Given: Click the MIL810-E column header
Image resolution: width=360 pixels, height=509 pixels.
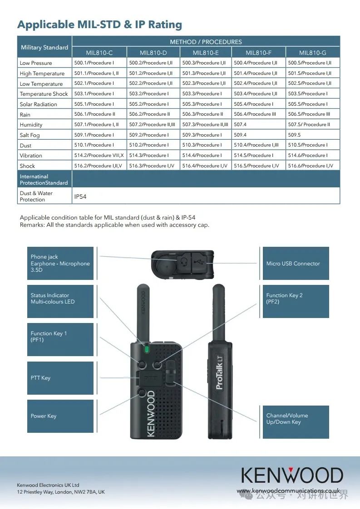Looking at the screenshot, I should [206, 53].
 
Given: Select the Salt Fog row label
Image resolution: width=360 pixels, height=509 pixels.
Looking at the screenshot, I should [30, 135].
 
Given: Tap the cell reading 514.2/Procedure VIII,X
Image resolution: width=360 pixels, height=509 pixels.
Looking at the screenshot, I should [99, 155].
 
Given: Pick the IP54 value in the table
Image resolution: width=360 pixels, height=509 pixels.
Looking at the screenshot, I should [80, 196].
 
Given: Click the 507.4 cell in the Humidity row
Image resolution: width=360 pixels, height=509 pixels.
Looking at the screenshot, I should [240, 124].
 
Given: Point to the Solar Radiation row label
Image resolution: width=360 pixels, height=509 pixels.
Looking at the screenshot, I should [38, 104].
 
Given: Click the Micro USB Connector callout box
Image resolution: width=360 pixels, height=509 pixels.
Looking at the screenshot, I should [296, 264].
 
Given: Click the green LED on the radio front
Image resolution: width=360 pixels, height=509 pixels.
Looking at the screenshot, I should [146, 349].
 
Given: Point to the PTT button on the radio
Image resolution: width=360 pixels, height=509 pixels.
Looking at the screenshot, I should [148, 377].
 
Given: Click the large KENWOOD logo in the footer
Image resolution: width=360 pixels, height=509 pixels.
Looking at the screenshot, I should [292, 475].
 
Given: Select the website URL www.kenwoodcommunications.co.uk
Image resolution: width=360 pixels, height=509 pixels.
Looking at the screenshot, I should [288, 491].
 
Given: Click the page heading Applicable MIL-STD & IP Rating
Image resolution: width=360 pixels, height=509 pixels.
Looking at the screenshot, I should [99, 24].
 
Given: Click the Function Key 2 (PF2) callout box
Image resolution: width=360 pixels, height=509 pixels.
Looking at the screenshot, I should [296, 299].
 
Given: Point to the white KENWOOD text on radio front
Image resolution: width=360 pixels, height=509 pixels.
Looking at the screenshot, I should [151, 413].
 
